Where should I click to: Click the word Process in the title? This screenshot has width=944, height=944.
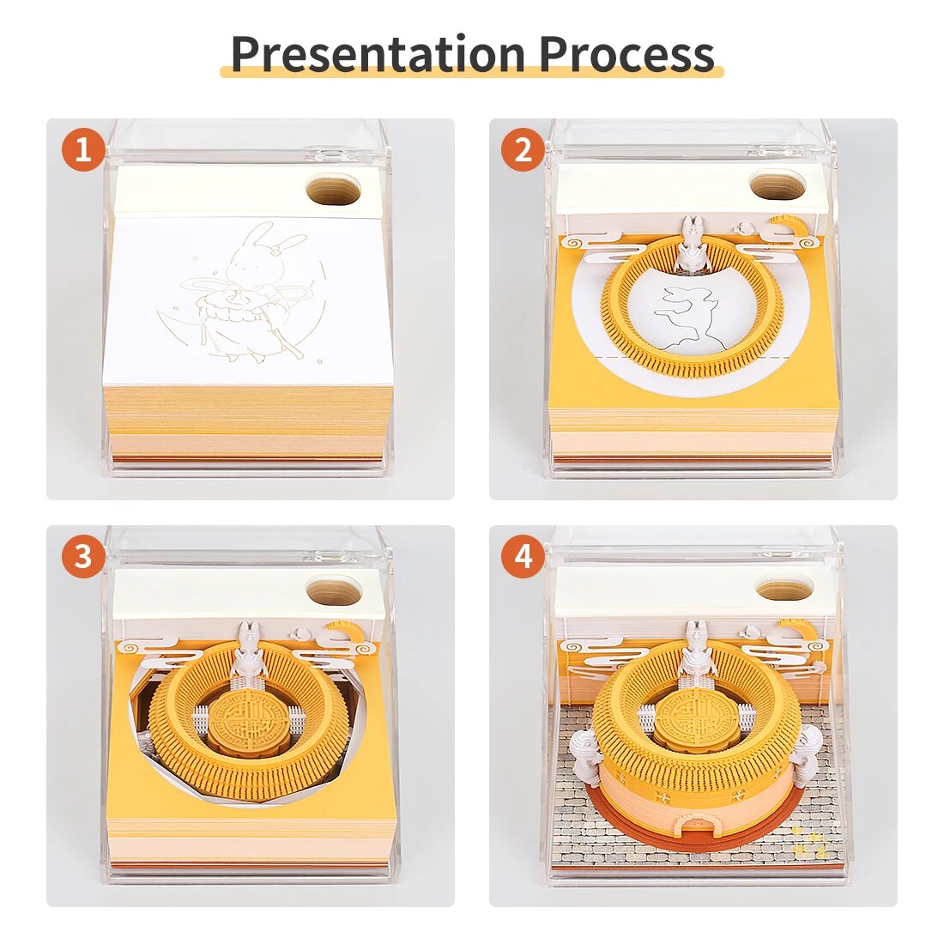click(x=626, y=54)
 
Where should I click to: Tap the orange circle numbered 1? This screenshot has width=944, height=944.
click(x=83, y=148)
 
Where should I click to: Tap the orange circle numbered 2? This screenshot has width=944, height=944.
click(x=523, y=148)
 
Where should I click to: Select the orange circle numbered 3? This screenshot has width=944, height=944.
click(x=83, y=556)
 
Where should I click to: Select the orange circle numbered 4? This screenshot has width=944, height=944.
click(x=523, y=556)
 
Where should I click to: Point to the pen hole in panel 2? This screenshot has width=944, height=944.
click(x=778, y=185)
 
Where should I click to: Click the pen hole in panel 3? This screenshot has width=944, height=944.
click(x=334, y=590)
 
